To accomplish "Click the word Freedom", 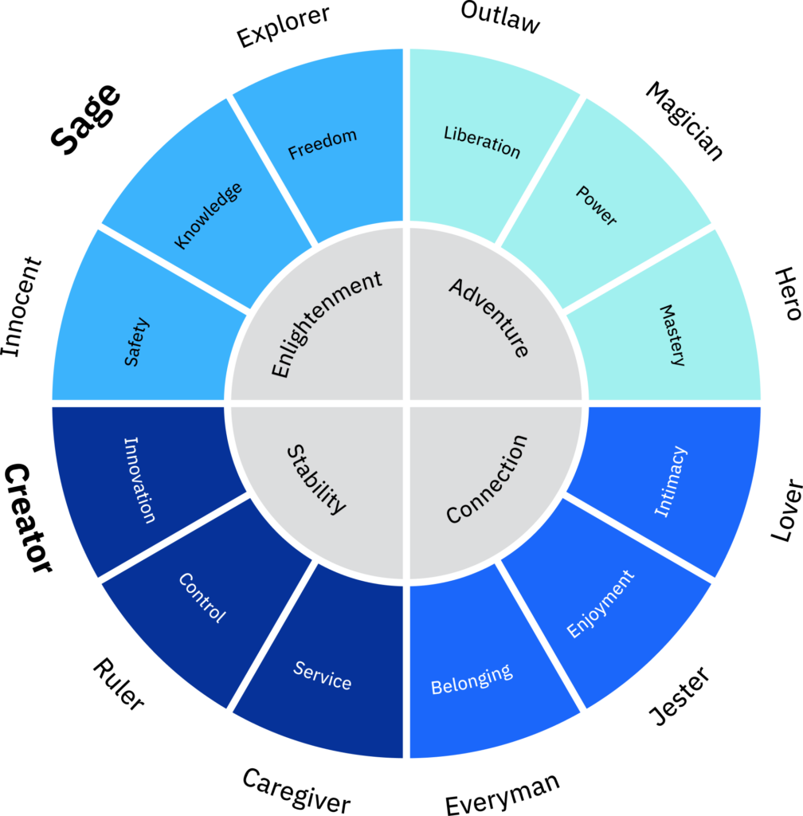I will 322,144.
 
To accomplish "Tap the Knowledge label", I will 208,215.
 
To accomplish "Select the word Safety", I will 136,342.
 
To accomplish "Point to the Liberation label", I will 482,142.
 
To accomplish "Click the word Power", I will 597,206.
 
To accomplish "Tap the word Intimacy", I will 670,481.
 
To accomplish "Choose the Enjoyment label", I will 601,604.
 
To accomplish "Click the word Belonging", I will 472,679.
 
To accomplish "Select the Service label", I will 323,675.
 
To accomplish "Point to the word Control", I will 202,598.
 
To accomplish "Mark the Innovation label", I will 139,480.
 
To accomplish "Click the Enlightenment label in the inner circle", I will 327,324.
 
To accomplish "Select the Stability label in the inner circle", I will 316,480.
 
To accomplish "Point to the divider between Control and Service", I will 272,636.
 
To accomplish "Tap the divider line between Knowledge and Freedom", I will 272,168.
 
